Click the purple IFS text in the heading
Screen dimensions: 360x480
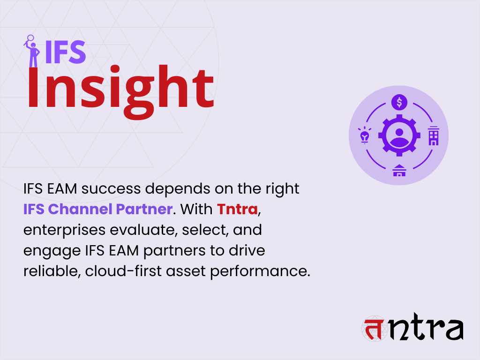(x=65, y=52)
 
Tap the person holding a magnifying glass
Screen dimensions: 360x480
(x=32, y=51)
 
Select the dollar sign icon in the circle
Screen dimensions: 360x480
(x=399, y=101)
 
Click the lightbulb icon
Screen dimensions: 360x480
(x=365, y=135)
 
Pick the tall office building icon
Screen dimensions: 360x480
(x=434, y=135)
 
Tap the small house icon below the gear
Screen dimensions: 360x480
(x=399, y=171)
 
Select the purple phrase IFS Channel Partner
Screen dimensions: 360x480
(x=98, y=209)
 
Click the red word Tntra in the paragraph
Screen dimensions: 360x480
(x=238, y=209)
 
